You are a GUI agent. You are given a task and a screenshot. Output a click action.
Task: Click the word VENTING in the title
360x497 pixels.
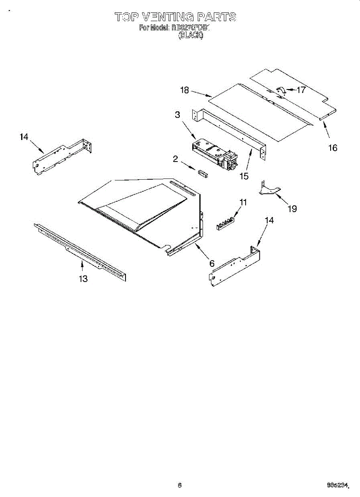click(x=167, y=17)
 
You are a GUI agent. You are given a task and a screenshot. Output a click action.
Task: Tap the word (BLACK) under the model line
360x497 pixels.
click(x=191, y=36)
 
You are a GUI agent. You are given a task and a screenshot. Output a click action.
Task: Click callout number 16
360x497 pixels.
click(x=333, y=147)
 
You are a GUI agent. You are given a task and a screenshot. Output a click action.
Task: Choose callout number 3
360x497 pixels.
click(x=178, y=115)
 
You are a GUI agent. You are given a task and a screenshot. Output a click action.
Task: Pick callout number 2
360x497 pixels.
click(x=176, y=159)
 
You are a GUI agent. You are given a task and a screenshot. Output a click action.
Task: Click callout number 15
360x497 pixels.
click(x=244, y=176)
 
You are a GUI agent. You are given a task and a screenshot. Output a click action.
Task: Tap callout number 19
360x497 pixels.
click(x=292, y=208)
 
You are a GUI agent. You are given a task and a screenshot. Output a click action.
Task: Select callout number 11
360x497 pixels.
click(x=243, y=202)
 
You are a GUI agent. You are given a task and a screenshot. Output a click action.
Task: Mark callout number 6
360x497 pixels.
click(x=212, y=263)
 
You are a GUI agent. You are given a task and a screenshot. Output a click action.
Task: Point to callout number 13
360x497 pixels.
click(x=83, y=279)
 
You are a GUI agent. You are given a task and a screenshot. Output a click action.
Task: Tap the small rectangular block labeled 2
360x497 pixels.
click(x=203, y=173)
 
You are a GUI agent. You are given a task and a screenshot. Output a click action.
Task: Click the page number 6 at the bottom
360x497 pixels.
click(x=179, y=485)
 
